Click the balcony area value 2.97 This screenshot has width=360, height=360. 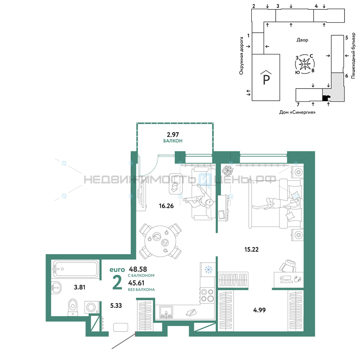click(x=173, y=135)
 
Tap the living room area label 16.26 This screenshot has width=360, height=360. click(x=166, y=206)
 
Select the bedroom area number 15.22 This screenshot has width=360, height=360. click(x=251, y=249)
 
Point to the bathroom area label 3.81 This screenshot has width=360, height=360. click(x=80, y=287)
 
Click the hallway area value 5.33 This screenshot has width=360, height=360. click(x=116, y=306)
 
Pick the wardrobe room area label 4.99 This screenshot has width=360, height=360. click(x=259, y=310)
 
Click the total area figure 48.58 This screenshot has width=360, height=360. click(x=138, y=269)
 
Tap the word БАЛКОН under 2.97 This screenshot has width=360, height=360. click(x=173, y=141)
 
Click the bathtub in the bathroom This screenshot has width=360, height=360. click(x=75, y=269)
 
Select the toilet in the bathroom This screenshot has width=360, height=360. click(x=73, y=307)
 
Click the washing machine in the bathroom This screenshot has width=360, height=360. click(x=91, y=307)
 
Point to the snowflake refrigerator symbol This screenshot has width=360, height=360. click(x=208, y=270)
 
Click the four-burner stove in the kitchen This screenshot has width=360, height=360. click(x=207, y=295)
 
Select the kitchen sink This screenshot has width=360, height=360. click(x=166, y=313)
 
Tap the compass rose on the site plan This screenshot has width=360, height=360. click(x=305, y=64)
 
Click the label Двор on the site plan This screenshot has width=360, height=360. click(x=302, y=40)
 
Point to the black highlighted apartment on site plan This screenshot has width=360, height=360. click(x=325, y=98)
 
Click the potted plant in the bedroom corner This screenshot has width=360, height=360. click(x=228, y=170)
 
